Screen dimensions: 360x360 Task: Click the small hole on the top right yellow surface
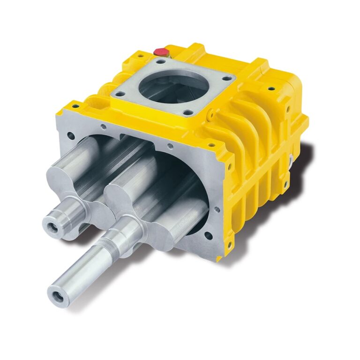[270, 88]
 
